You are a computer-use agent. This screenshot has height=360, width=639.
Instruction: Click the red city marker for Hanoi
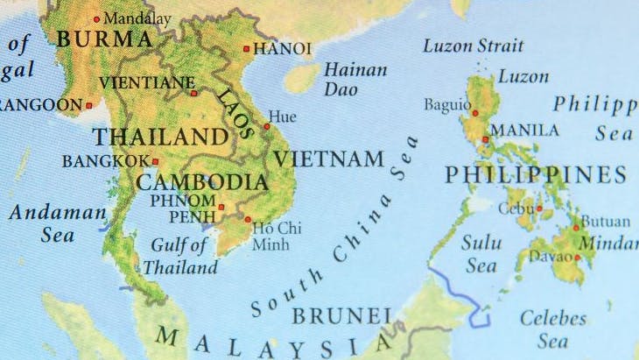[x=247, y=49]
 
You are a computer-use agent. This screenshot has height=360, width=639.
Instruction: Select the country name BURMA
[x=103, y=39]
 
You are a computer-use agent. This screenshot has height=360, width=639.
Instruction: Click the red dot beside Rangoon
[x=88, y=105]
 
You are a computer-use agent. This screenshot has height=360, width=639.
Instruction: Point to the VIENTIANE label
[x=147, y=83]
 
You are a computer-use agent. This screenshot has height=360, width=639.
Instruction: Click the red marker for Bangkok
[x=155, y=161]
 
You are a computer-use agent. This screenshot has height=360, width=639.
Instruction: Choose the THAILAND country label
[x=160, y=137]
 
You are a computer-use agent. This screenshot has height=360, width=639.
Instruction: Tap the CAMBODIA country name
[x=201, y=182]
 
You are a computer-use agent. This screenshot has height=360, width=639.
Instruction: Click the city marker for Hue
[x=266, y=126]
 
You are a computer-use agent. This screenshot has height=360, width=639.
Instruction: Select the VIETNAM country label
[x=328, y=159]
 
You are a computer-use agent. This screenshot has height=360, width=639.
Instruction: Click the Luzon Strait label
[x=473, y=46]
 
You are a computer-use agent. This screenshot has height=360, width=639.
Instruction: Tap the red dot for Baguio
[x=474, y=113]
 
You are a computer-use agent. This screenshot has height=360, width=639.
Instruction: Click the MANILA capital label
[x=524, y=131]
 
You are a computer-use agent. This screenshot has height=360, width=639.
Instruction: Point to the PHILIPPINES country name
[x=535, y=175]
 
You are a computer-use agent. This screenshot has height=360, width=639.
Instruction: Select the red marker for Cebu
[x=539, y=208]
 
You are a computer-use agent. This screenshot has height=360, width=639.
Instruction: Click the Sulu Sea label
[x=481, y=252]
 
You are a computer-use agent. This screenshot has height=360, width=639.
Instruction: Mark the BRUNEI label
[x=341, y=315]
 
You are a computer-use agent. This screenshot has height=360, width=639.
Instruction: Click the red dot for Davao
[x=577, y=258]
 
